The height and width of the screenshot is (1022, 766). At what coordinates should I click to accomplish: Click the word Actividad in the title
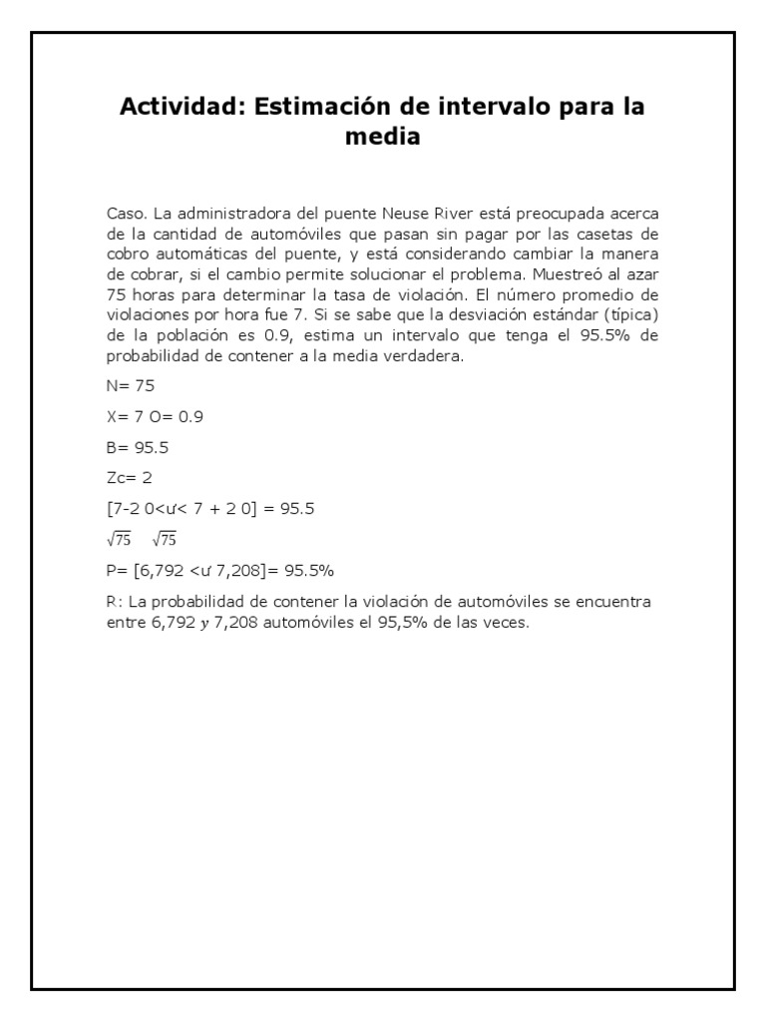pyautogui.click(x=181, y=107)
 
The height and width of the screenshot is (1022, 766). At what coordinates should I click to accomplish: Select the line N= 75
pyautogui.click(x=131, y=385)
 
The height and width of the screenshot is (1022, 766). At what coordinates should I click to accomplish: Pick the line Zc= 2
pyautogui.click(x=131, y=477)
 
